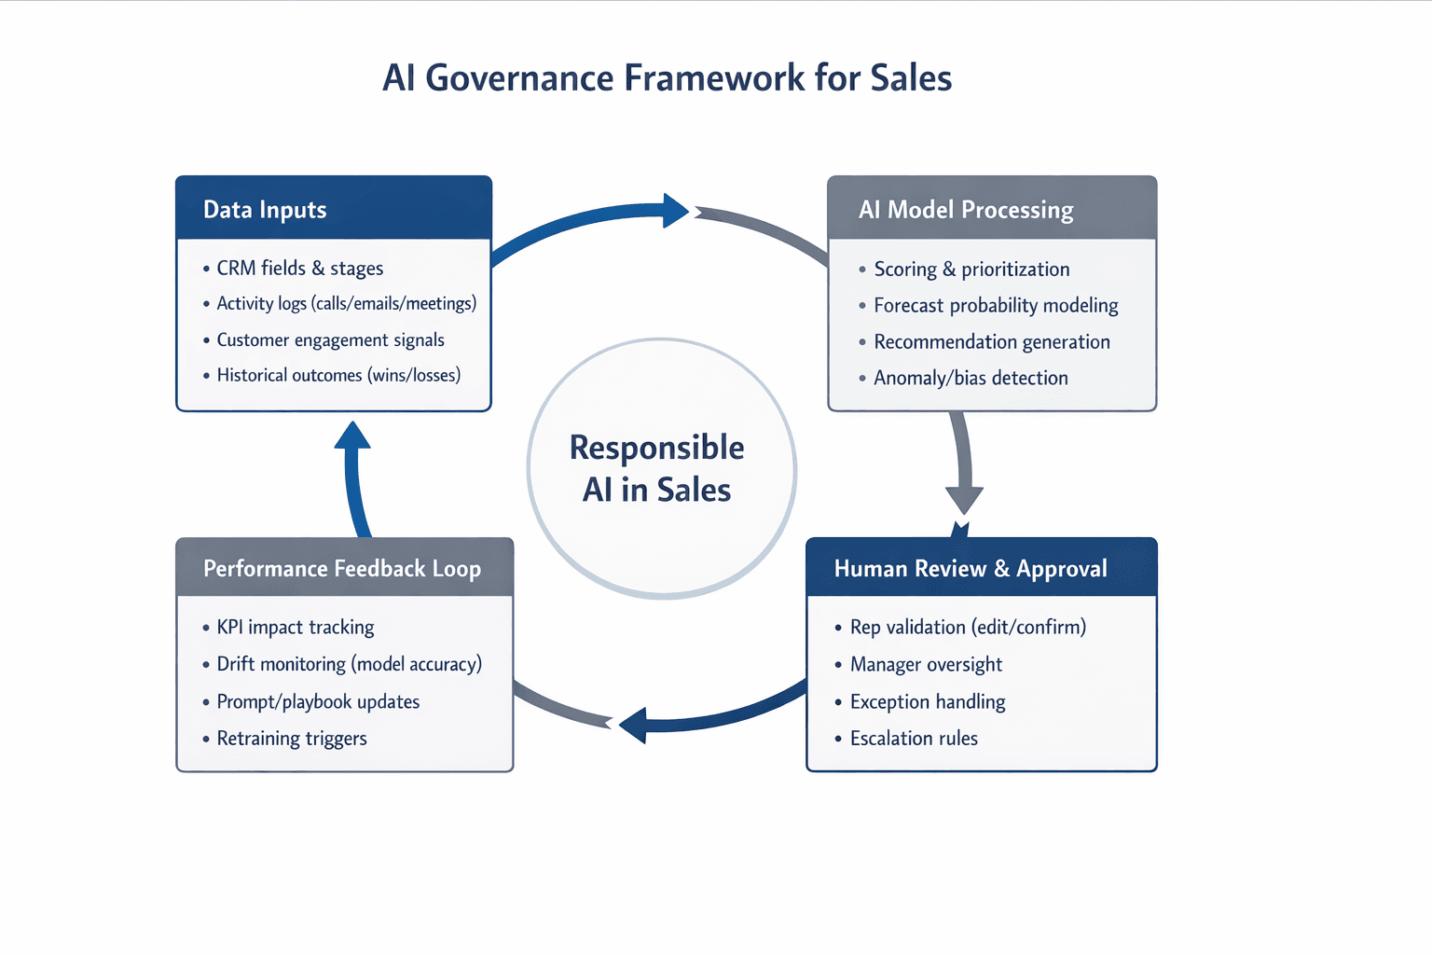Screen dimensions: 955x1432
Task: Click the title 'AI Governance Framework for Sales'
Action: tap(667, 78)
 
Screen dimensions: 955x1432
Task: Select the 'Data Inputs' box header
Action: tap(265, 210)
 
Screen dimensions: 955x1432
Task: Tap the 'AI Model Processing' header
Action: tap(966, 210)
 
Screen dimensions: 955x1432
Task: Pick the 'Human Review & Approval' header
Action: tap(971, 569)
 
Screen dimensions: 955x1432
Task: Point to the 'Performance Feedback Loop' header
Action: tap(342, 569)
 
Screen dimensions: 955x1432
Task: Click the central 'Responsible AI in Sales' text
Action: tap(657, 468)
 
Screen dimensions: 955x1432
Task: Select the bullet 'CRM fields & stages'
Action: tap(299, 269)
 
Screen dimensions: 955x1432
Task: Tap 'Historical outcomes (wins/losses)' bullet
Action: tap(338, 375)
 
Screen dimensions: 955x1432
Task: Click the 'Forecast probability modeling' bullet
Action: tap(996, 305)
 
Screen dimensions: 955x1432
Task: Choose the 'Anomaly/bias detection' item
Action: tap(971, 378)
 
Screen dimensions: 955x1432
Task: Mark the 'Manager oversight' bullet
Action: tap(926, 664)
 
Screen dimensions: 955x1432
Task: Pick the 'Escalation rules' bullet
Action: tap(914, 739)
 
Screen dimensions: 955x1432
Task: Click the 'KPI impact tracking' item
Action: tap(295, 627)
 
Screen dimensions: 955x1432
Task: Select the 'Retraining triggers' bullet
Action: tap(292, 739)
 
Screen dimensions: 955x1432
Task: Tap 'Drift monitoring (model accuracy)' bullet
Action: tap(349, 664)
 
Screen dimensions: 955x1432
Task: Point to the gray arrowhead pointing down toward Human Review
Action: tap(964, 499)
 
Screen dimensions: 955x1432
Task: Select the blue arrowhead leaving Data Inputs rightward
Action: tap(675, 211)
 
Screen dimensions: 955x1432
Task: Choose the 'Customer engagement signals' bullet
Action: tap(330, 339)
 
